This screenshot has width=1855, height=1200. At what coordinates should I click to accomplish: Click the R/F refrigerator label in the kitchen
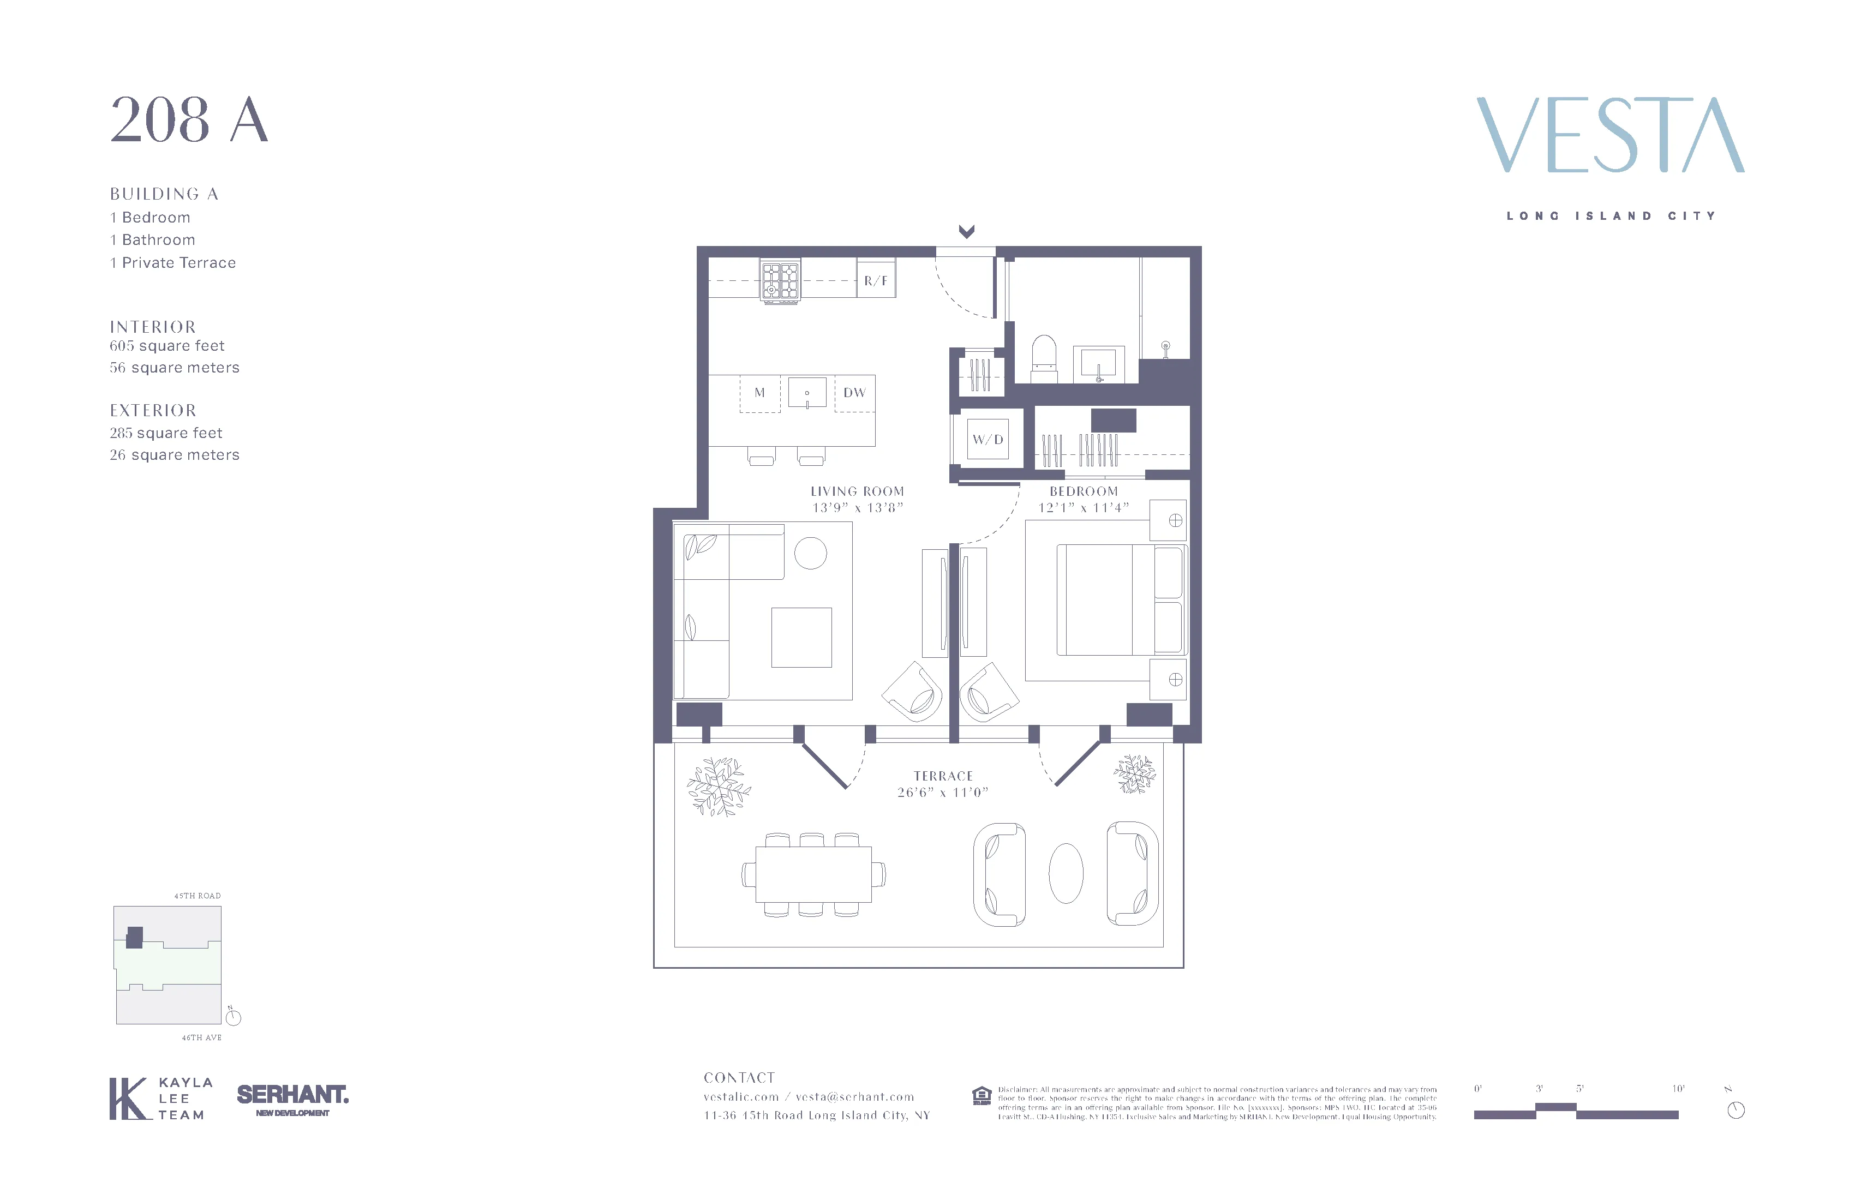pyautogui.click(x=875, y=280)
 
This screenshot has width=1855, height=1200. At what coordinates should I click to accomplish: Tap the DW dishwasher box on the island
pyautogui.click(x=854, y=393)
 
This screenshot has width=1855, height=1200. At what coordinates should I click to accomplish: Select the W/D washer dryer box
pyautogui.click(x=988, y=440)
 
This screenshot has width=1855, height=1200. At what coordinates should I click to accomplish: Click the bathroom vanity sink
pyautogui.click(x=1098, y=364)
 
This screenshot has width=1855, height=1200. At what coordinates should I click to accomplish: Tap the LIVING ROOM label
pyautogui.click(x=857, y=491)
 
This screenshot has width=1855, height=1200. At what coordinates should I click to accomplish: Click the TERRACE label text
pyautogui.click(x=943, y=776)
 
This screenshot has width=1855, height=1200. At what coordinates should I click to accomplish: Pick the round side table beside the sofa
pyautogui.click(x=811, y=553)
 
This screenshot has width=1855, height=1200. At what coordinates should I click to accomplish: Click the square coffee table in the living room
pyautogui.click(x=801, y=638)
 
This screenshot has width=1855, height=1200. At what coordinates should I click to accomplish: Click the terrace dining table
pyautogui.click(x=813, y=874)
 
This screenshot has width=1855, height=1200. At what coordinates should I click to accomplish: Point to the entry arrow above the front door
pyautogui.click(x=966, y=231)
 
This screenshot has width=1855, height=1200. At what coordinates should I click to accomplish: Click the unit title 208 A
pyautogui.click(x=189, y=121)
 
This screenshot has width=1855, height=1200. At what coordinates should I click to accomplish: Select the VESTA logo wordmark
pyautogui.click(x=1609, y=135)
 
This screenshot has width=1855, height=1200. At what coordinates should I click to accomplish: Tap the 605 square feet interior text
pyautogui.click(x=167, y=346)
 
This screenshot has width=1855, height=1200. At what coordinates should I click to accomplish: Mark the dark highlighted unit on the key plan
pyautogui.click(x=135, y=938)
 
